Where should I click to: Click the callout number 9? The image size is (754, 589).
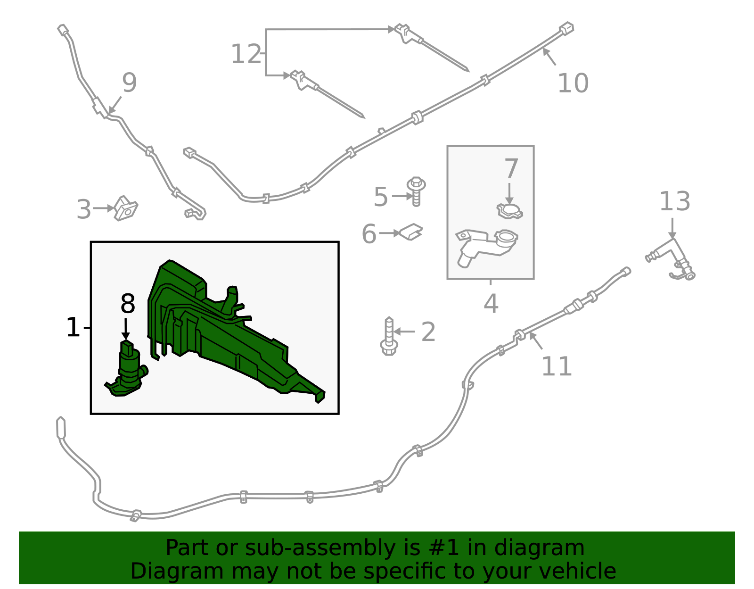click(x=130, y=83)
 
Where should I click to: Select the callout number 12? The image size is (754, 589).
click(x=246, y=54)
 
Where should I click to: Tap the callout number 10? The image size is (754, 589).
click(x=573, y=83)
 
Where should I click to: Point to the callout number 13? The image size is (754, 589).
click(x=674, y=201)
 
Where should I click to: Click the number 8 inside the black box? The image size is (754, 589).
click(x=128, y=303)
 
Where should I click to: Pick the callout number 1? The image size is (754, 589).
click(x=73, y=327)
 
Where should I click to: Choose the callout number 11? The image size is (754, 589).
click(x=557, y=366)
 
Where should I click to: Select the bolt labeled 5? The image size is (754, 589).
click(x=416, y=191)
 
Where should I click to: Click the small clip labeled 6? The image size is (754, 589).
click(x=411, y=232)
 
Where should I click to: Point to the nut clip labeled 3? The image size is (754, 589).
click(x=126, y=208)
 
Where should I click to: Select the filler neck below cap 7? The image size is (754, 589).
click(x=486, y=247)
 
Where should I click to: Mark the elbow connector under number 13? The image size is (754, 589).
click(x=671, y=259)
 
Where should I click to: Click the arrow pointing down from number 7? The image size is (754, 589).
click(x=509, y=193)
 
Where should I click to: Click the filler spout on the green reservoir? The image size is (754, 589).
click(x=230, y=299)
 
